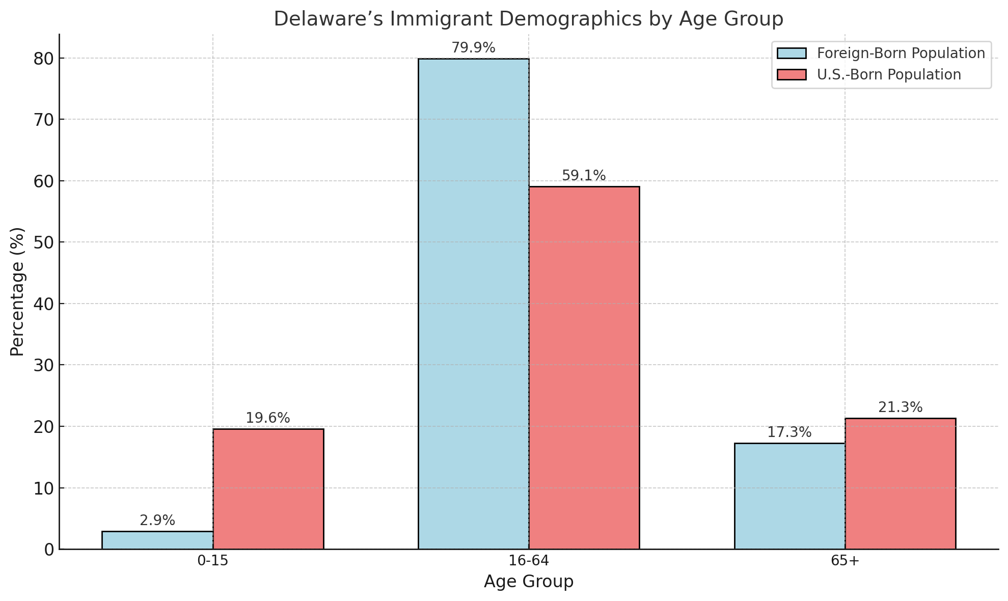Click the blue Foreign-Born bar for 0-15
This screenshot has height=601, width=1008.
[x=157, y=540]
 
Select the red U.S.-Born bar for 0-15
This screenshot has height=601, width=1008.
[x=268, y=489]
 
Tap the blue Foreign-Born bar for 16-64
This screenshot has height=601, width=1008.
[x=473, y=304]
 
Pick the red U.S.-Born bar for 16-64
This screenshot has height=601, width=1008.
[x=584, y=368]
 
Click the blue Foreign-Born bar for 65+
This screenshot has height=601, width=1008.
[x=789, y=496]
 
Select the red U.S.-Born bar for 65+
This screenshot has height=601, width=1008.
[x=901, y=484]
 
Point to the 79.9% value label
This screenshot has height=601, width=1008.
[x=473, y=48]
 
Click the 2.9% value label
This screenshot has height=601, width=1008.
[x=157, y=521]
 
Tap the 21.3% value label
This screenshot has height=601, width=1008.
[x=901, y=407]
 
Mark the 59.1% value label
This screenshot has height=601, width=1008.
[x=584, y=176]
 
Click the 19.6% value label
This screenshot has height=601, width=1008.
[x=268, y=418]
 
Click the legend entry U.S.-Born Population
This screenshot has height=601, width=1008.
[x=889, y=75]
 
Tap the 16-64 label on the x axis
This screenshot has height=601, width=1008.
[x=529, y=561]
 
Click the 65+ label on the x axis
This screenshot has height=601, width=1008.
[x=845, y=561]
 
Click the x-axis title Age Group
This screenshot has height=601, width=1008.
[x=529, y=582]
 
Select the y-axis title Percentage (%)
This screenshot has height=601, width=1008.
[x=17, y=291]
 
